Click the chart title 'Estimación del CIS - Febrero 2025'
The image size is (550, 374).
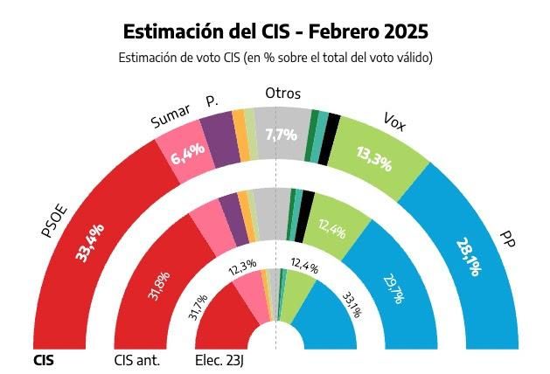pyautogui.click(x=275, y=31)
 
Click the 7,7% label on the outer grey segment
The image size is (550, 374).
pyautogui.click(x=281, y=135)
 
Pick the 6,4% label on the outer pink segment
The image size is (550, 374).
pyautogui.click(x=188, y=153)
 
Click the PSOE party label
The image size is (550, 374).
pyautogui.click(x=54, y=218)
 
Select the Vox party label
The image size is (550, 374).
pyautogui.click(x=394, y=123)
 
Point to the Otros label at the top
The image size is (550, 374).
pyautogui.click(x=282, y=93)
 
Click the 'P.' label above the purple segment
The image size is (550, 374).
pyautogui.click(x=211, y=102)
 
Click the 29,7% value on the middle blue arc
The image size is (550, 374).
pyautogui.click(x=391, y=287)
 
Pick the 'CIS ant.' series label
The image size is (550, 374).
pyautogui.click(x=138, y=359)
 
